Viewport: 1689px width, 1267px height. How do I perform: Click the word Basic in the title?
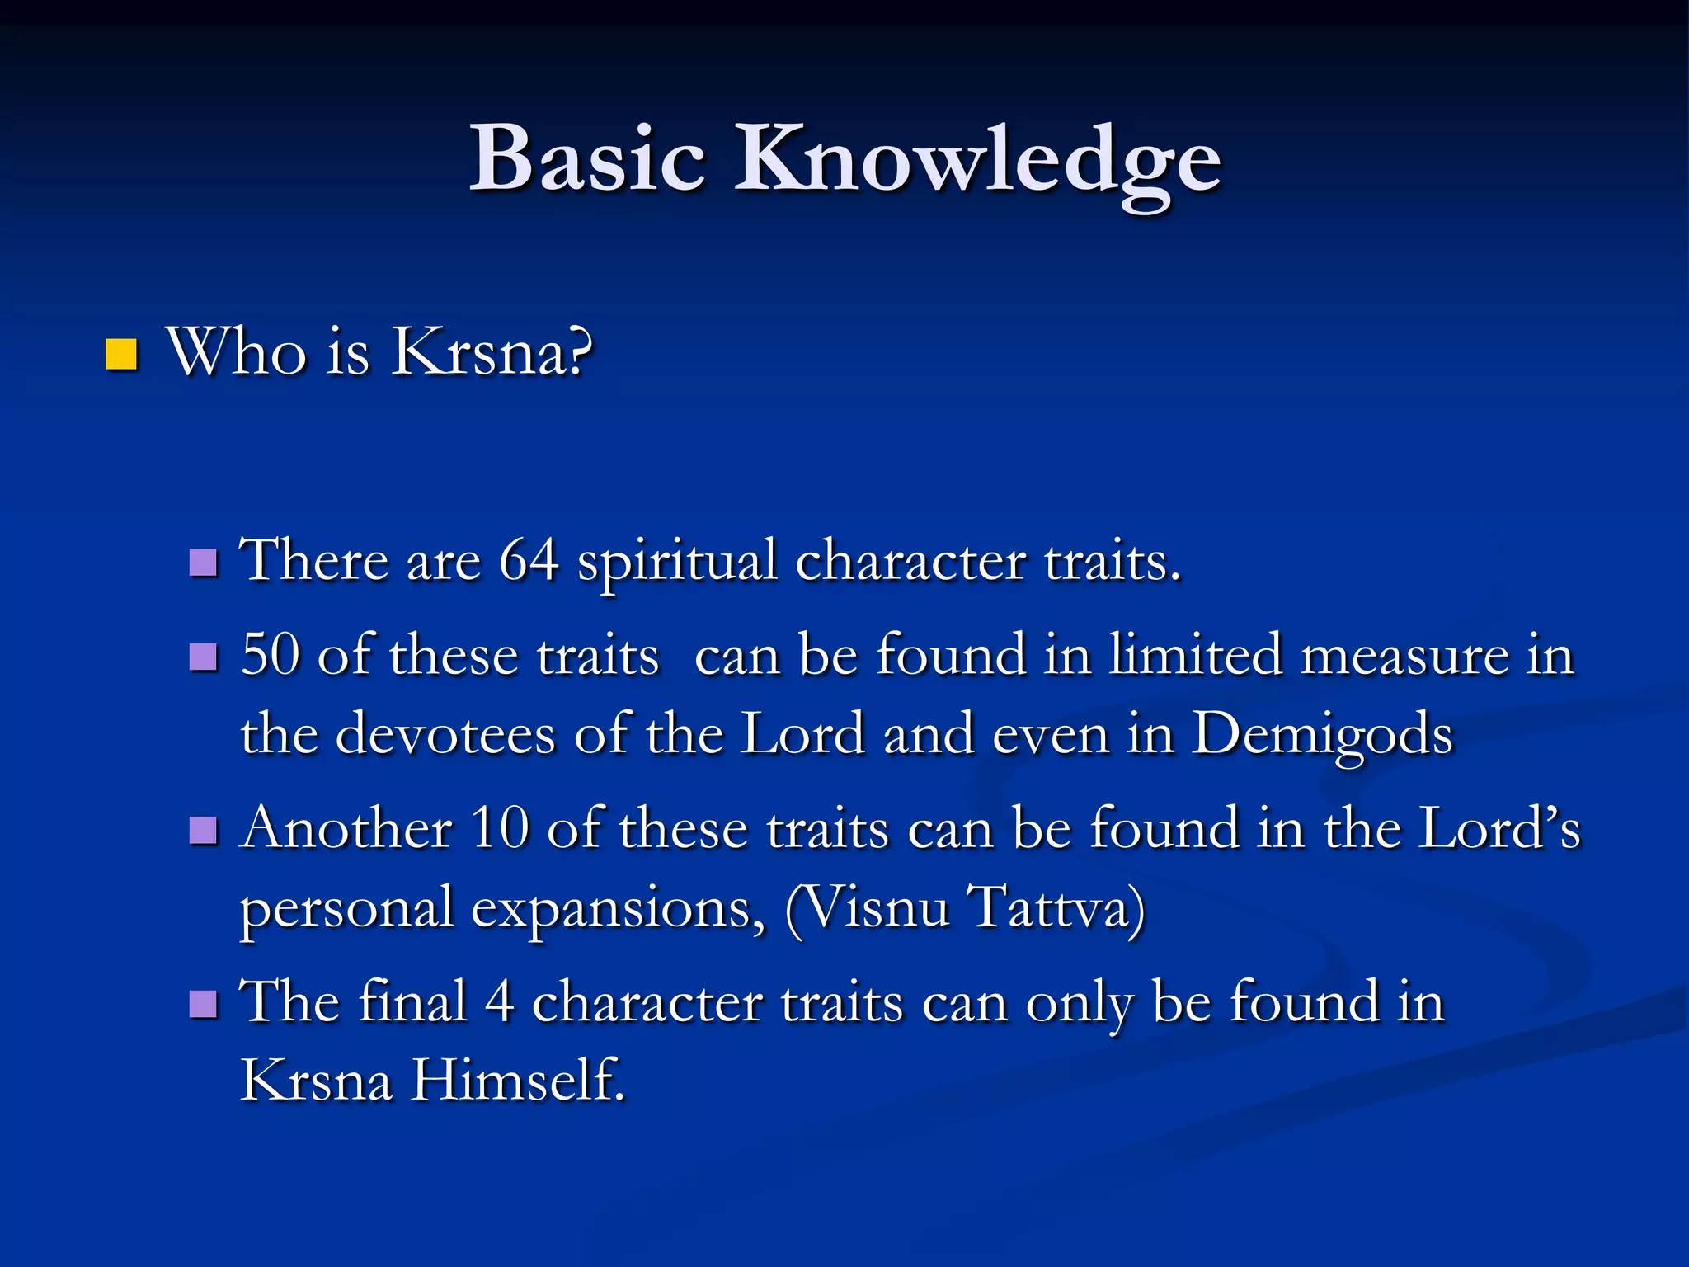tap(587, 158)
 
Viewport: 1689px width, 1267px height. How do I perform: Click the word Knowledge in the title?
tap(977, 161)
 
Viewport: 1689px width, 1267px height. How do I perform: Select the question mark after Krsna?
tap(580, 352)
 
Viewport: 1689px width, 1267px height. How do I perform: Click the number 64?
tap(529, 561)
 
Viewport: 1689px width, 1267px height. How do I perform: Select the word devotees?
tap(445, 733)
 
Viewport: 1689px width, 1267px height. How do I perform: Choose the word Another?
tap(347, 828)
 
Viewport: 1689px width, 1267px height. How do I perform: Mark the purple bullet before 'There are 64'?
tap(203, 563)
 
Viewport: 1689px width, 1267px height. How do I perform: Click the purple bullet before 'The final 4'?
tap(203, 1004)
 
